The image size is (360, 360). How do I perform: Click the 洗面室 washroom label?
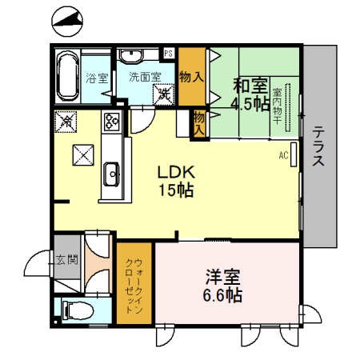(x=144, y=78)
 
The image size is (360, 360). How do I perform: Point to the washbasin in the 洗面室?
(x=130, y=55)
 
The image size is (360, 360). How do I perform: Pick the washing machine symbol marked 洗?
(x=164, y=93)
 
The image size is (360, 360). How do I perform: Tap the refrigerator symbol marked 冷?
(x=65, y=122)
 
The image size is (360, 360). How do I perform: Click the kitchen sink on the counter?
(x=111, y=170)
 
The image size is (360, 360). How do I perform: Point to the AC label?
(x=283, y=155)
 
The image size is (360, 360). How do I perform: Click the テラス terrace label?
(x=318, y=146)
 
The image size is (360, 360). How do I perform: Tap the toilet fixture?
(x=74, y=310)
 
